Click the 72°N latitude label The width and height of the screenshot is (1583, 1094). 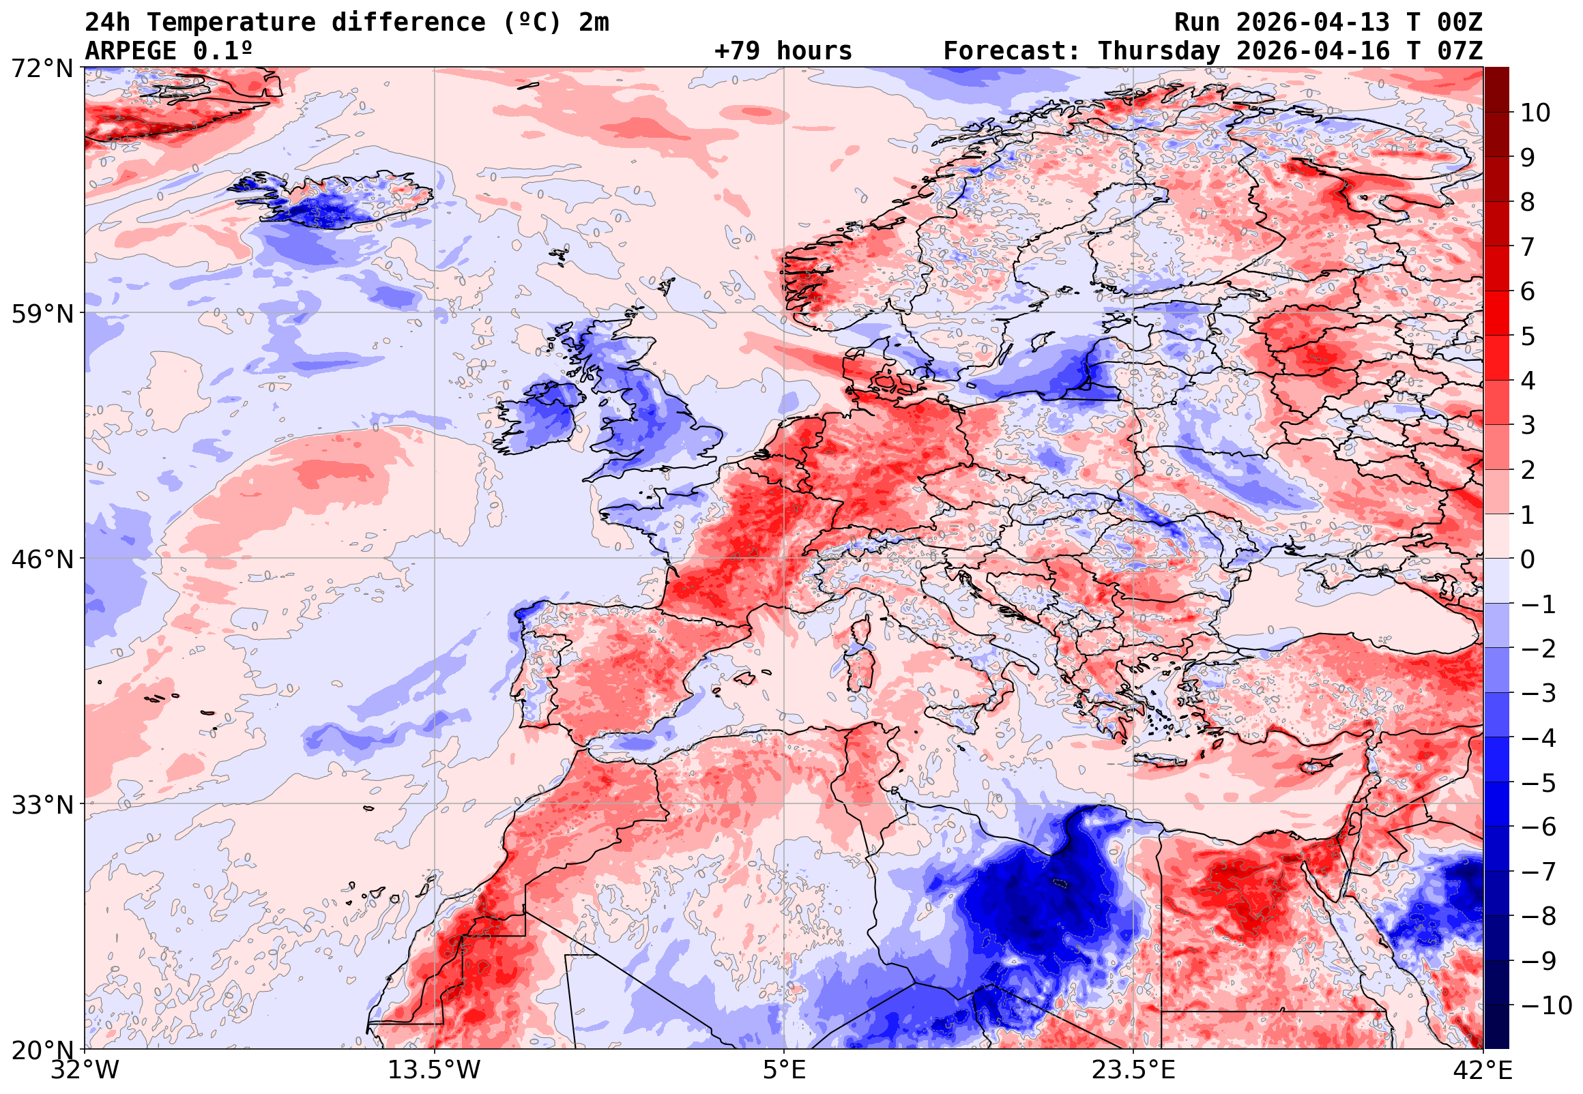(41, 69)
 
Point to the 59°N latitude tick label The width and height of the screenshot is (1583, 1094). (41, 314)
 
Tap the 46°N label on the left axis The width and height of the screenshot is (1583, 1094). (41, 559)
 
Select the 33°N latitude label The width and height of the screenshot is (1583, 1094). (41, 805)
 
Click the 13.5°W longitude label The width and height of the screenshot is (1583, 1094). (434, 1070)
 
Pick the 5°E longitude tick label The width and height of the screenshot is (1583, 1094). (783, 1070)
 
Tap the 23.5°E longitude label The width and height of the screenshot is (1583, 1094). (1133, 1070)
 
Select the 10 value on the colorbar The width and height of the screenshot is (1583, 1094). (1535, 113)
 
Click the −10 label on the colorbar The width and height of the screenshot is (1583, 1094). (1546, 1005)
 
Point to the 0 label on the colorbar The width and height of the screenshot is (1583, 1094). (1528, 559)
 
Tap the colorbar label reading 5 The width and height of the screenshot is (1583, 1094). (1528, 336)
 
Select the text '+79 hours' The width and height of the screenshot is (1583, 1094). (783, 51)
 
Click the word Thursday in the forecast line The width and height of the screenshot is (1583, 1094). (1159, 51)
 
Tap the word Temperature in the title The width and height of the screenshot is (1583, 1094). (231, 23)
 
